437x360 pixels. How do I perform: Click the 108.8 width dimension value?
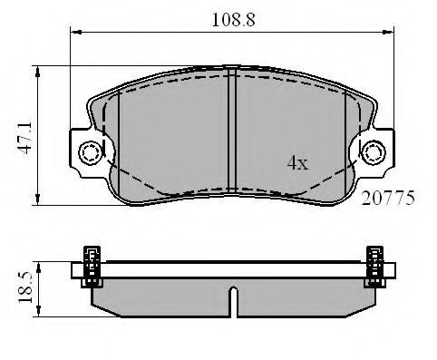point(233,20)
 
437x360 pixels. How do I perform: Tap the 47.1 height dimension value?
point(24,138)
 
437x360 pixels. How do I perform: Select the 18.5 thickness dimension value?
point(24,287)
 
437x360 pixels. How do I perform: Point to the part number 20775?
point(388,199)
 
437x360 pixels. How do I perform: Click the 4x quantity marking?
point(297,163)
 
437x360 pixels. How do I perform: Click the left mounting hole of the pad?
point(90,152)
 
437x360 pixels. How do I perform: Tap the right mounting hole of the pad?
point(374,152)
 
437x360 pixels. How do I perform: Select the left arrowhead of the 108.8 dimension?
point(76,32)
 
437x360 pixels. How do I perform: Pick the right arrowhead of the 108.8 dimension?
point(388,32)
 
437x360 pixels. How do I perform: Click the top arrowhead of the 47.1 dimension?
point(37,72)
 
